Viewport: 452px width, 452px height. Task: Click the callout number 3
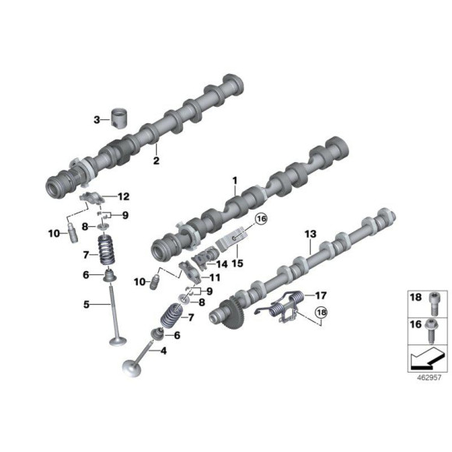[x=97, y=120]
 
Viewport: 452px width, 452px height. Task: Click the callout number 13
[x=310, y=234]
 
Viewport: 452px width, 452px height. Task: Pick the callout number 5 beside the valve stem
[x=87, y=304]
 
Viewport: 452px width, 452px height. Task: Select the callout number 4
[x=163, y=351]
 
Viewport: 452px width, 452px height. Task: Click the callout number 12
[x=123, y=196]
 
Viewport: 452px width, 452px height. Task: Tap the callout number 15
[x=237, y=264]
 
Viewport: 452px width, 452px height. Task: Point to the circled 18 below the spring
[x=320, y=316]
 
